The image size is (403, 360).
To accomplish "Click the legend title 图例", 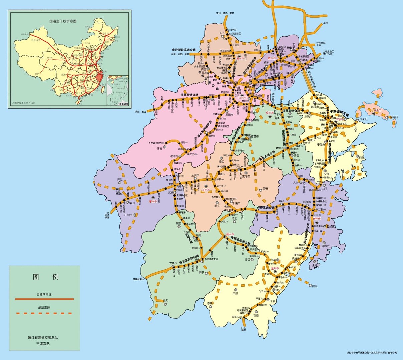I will point(46,277).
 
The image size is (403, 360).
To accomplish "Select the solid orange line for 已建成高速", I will point(44,299).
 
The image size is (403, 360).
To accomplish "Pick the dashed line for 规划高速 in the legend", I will point(44,313).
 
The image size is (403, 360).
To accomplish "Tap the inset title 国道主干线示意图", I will point(63,21).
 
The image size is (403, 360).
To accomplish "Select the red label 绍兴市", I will point(270,113).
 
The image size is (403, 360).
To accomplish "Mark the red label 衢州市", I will point(153,202).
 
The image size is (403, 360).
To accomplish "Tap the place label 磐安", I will point(265,188).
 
